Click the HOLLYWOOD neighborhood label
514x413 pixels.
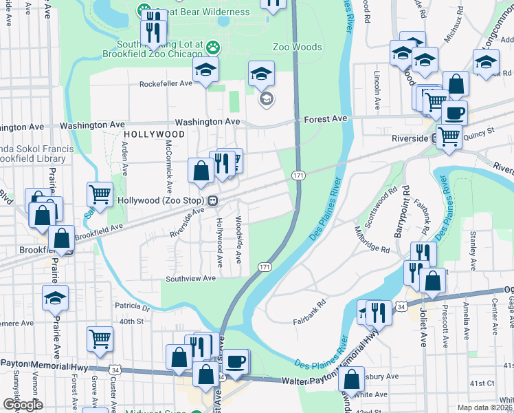click(x=155, y=134)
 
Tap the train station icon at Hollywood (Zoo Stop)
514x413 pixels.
click(x=214, y=200)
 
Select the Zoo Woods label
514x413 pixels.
click(x=297, y=47)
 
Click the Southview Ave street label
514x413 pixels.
click(x=190, y=279)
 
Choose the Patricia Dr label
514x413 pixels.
click(x=132, y=307)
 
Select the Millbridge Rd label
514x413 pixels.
click(x=372, y=238)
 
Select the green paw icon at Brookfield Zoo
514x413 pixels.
click(x=214, y=47)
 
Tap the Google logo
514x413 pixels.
click(x=23, y=405)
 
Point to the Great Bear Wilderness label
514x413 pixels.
click(x=201, y=12)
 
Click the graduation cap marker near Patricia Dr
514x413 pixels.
click(x=56, y=298)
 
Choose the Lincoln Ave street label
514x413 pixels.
click(x=377, y=90)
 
